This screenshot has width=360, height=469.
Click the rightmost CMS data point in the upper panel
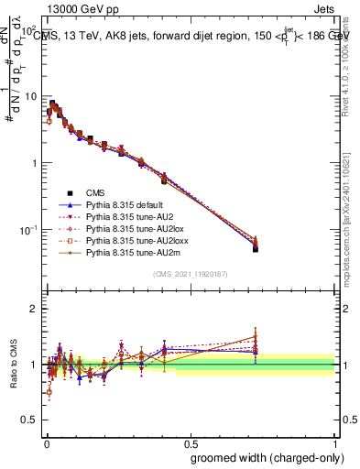point(256,248)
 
